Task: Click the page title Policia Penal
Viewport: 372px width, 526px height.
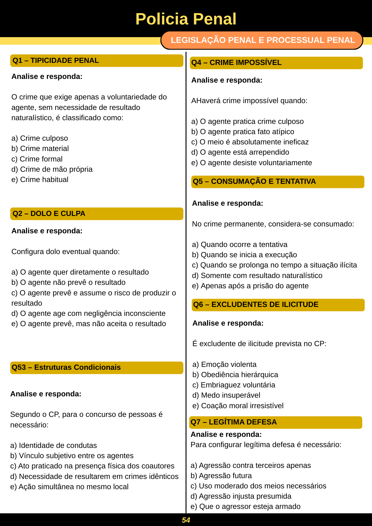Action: (x=186, y=19)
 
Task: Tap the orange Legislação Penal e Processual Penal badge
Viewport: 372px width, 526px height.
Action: (x=262, y=40)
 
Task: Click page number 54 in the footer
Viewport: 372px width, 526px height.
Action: (x=186, y=520)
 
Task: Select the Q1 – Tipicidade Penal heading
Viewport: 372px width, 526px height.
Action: (x=56, y=60)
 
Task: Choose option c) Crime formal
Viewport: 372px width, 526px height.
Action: (x=37, y=159)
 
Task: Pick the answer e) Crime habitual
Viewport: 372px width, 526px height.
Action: (x=40, y=180)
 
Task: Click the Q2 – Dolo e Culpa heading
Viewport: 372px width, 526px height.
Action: (x=49, y=214)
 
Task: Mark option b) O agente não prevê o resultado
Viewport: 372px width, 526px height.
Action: (x=68, y=282)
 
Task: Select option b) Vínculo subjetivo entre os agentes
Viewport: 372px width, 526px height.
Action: (x=72, y=456)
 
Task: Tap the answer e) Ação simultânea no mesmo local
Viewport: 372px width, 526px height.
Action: (x=69, y=487)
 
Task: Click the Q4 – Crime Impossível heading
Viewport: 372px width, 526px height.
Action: (x=236, y=63)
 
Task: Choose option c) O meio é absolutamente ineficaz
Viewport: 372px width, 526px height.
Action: (x=250, y=142)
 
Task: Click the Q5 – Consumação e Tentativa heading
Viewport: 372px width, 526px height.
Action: (x=254, y=181)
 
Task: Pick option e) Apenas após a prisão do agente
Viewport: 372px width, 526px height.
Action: (x=250, y=286)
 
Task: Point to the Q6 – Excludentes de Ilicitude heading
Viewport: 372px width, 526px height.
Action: (x=256, y=305)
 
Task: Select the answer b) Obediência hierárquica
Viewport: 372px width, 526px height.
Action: (x=235, y=375)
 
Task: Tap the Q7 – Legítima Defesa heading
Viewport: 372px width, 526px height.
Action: (x=234, y=422)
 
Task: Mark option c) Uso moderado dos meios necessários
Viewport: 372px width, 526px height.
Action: (x=258, y=486)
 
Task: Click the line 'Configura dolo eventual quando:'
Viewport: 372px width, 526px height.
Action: (x=66, y=252)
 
